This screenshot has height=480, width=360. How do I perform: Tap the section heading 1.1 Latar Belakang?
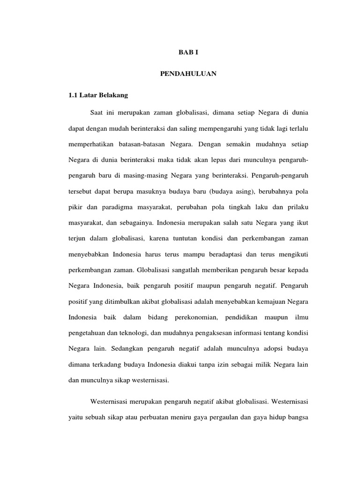pos(98,95)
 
